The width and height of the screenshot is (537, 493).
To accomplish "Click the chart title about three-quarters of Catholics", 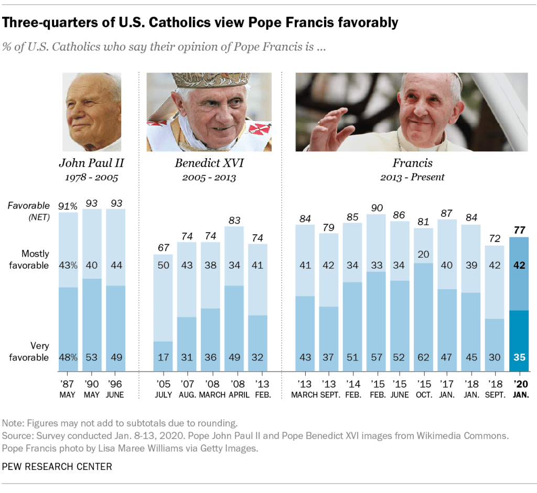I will click(x=200, y=23).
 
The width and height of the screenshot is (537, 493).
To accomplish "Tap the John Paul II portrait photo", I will click(x=92, y=112).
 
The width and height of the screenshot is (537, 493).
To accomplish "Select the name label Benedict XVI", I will click(x=209, y=163).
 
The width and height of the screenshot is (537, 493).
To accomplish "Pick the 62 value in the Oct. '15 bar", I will click(x=424, y=358).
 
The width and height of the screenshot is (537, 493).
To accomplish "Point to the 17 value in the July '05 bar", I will click(x=163, y=358).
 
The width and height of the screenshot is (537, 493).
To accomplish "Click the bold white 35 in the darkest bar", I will click(x=519, y=358).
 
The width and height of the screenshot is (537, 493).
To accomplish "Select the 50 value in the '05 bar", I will click(x=163, y=266).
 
